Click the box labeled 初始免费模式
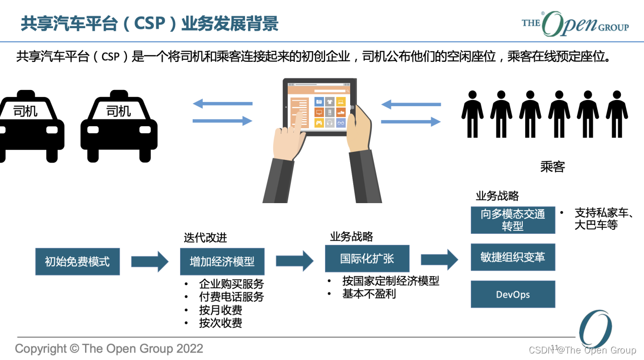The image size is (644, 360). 77,261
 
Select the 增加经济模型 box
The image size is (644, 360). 222,261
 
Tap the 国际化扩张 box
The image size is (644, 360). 367,259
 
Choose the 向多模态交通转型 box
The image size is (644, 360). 513,220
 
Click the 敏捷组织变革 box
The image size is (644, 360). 513,257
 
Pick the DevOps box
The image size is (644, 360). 513,294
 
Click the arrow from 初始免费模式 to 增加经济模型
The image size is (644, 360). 149,261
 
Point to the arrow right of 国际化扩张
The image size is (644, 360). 439,259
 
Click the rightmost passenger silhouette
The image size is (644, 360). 617,114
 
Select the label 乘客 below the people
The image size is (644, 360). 552,167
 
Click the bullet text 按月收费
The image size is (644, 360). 220,310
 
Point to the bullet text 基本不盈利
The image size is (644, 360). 369,294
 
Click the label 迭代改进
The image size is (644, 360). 205,238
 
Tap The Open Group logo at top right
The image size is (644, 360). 575,24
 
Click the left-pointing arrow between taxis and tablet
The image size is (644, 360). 222,104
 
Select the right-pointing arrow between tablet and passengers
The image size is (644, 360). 411,121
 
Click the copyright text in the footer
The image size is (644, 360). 109,348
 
